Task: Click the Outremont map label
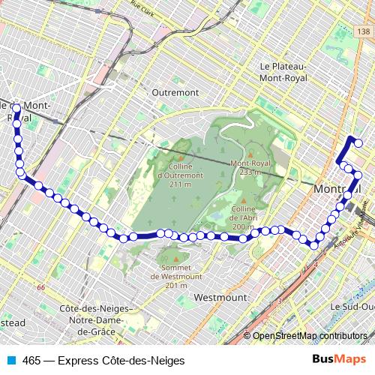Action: click(x=175, y=92)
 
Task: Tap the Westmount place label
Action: click(x=220, y=298)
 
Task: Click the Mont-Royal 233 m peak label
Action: click(x=250, y=167)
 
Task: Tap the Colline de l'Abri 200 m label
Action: click(x=248, y=218)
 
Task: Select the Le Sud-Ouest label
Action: click(x=352, y=307)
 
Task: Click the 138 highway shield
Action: click(x=364, y=31)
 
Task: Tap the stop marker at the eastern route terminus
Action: click(x=358, y=143)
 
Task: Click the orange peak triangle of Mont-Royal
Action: click(x=250, y=155)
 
